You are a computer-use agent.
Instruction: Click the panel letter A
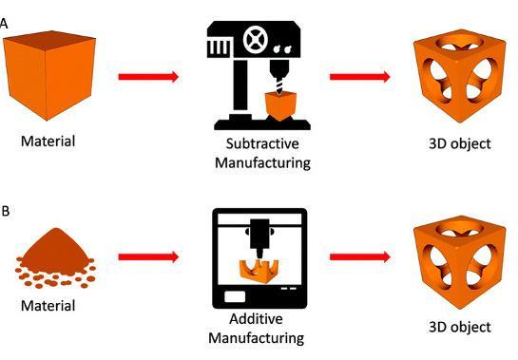[x=4, y=22]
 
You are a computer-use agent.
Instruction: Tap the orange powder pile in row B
[x=55, y=258]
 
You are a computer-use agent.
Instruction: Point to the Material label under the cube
[x=48, y=142]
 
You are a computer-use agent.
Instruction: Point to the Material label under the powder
[x=48, y=306]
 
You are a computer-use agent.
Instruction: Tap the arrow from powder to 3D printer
[x=147, y=256]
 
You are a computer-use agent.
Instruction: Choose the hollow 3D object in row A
[x=453, y=75]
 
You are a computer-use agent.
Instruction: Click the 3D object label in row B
[x=460, y=327]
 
